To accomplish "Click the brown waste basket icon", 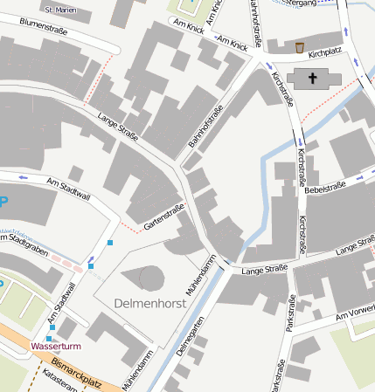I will click(x=300, y=47).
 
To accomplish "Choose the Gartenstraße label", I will click(x=163, y=217).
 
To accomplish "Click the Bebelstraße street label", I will click(x=326, y=188).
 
